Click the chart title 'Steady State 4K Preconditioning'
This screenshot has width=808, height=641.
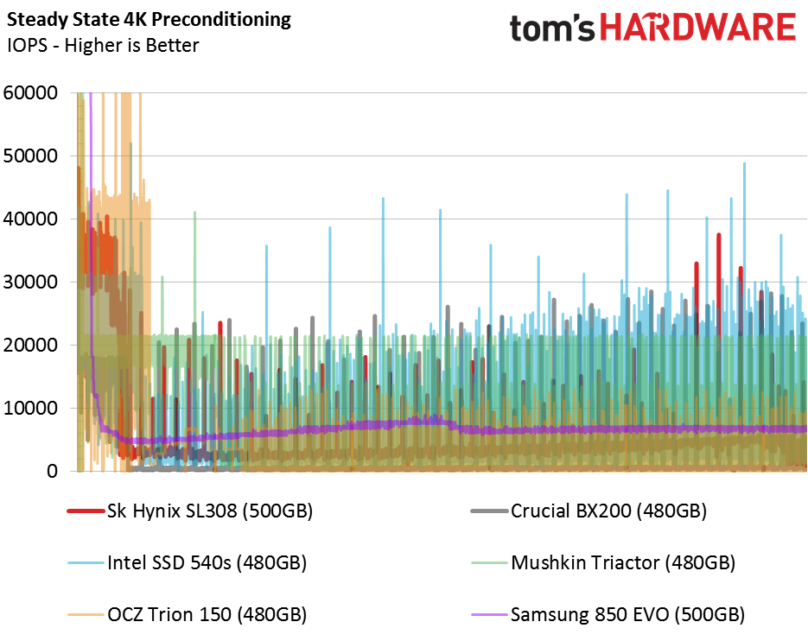(x=149, y=20)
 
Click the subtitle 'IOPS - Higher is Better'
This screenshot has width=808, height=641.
(x=103, y=45)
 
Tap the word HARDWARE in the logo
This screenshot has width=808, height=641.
(x=698, y=28)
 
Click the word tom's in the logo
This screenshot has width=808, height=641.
(x=552, y=29)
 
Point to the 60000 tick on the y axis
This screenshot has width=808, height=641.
(x=30, y=92)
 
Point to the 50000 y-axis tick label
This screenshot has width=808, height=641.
(x=30, y=155)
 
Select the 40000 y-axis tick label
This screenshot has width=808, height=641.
(x=30, y=219)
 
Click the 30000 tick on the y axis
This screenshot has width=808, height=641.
(x=30, y=282)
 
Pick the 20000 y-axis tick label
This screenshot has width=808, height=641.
(x=30, y=345)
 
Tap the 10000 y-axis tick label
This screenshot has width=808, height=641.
(x=30, y=408)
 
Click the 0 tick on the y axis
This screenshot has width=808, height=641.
(x=52, y=471)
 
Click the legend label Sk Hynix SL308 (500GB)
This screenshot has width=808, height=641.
(x=210, y=511)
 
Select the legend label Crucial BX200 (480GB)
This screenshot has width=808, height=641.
(x=608, y=511)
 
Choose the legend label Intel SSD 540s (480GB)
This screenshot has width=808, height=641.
(x=207, y=562)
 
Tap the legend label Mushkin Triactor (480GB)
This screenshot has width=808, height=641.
(x=623, y=562)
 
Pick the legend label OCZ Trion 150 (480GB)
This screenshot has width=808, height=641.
(x=207, y=615)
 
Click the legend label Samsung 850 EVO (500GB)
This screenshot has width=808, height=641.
(x=627, y=615)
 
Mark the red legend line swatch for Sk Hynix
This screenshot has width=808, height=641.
(x=86, y=511)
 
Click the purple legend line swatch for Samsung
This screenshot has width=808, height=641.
(x=489, y=615)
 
